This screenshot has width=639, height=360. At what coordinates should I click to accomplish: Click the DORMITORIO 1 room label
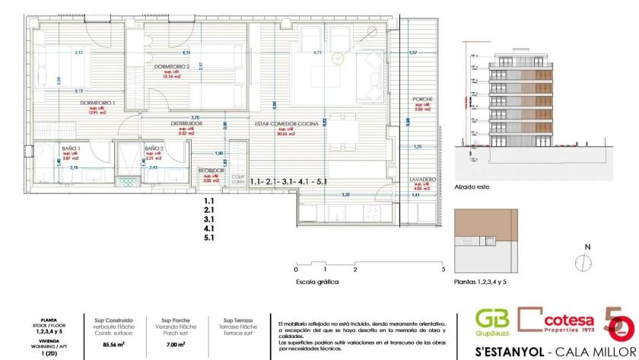[97, 102]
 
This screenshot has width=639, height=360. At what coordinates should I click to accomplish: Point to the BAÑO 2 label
[154, 148]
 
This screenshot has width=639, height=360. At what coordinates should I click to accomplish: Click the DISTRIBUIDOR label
[185, 123]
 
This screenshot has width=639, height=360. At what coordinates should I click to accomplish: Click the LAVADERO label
[422, 180]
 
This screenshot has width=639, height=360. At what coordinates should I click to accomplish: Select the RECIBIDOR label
[211, 170]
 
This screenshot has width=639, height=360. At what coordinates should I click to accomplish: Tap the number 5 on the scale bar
[443, 269]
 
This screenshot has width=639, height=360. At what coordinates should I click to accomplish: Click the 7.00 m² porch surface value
[176, 344]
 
